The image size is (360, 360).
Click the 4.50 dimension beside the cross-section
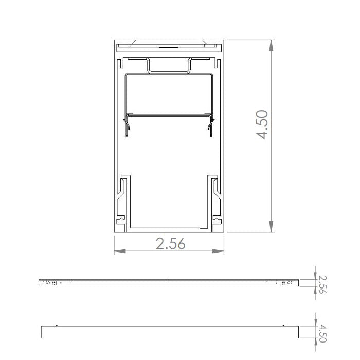pyautogui.click(x=263, y=124)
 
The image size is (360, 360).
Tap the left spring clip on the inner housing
pyautogui.click(x=126, y=126)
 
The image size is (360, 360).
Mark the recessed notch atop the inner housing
pyautogui.click(x=169, y=66)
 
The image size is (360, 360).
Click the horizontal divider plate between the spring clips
pyautogui.click(x=169, y=114)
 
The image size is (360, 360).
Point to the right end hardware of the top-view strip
pyautogui.click(x=287, y=282)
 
